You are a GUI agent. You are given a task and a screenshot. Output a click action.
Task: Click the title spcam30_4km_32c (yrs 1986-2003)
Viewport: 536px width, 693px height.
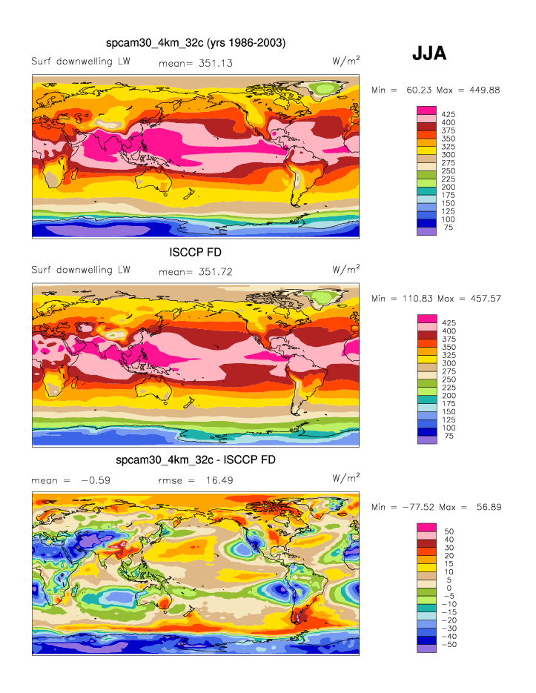(x=196, y=44)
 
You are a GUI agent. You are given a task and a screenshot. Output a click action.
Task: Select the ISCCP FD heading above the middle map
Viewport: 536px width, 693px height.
(x=196, y=252)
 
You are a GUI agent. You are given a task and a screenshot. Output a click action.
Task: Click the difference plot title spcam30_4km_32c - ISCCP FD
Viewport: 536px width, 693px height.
(x=196, y=460)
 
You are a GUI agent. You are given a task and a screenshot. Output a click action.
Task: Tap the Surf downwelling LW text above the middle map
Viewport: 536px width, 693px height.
(x=81, y=270)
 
